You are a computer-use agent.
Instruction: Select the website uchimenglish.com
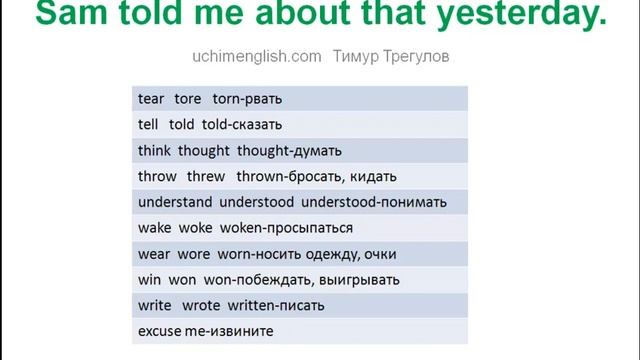point(257,57)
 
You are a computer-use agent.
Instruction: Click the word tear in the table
point(150,99)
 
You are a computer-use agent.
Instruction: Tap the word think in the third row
point(154,151)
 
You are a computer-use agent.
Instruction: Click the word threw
point(206,177)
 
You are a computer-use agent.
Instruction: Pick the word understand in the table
point(175,202)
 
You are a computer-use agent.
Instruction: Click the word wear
point(153,254)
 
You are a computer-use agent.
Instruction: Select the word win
point(149,279)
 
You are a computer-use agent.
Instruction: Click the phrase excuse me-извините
point(205,330)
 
